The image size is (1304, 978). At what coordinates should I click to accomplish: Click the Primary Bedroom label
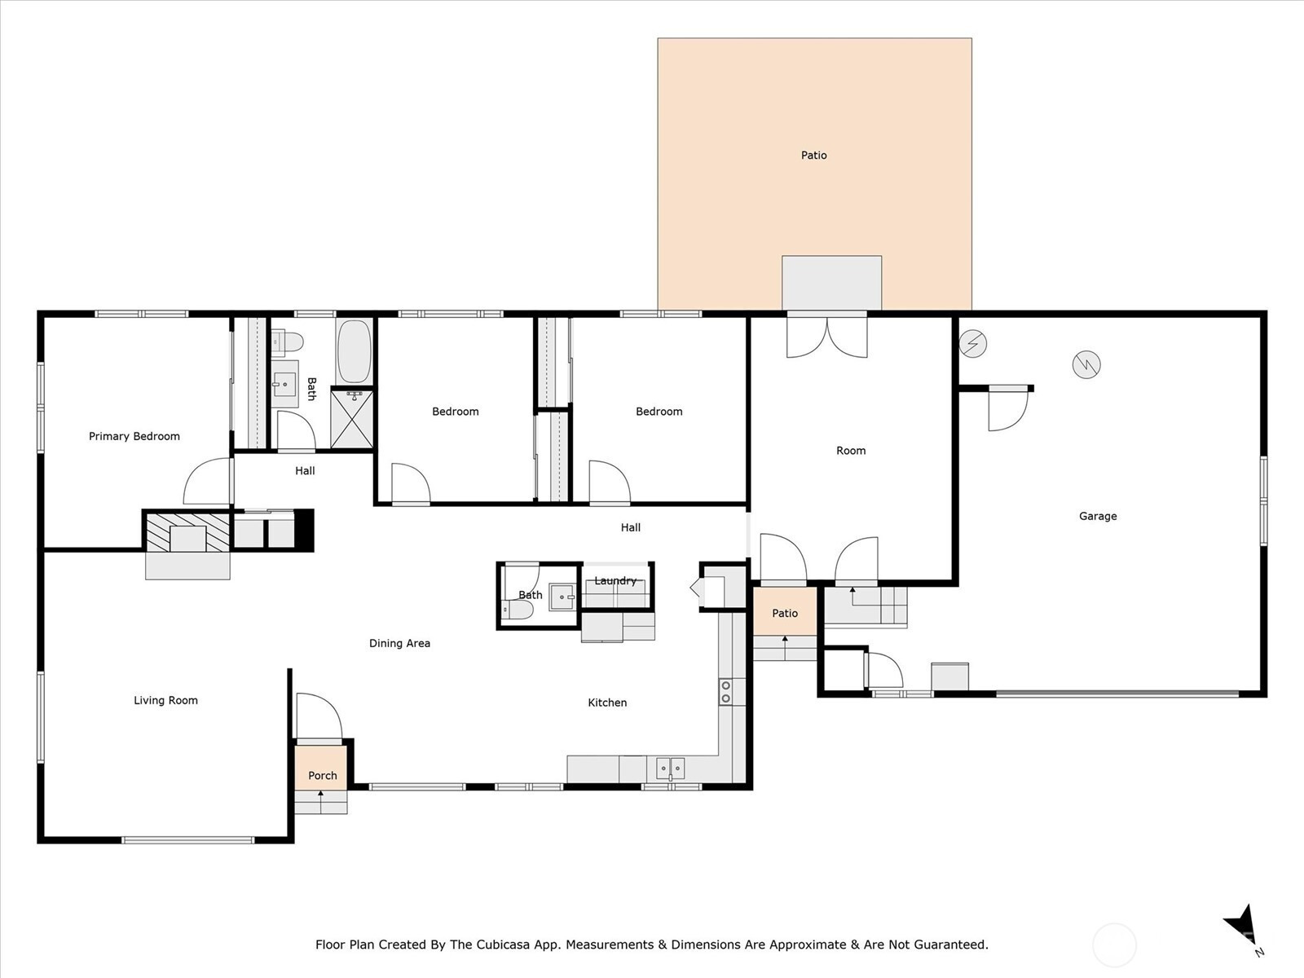[134, 437]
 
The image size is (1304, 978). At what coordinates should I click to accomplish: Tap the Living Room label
[165, 700]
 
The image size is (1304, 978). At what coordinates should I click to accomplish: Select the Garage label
[1098, 516]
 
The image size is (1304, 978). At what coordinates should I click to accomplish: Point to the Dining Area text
[400, 643]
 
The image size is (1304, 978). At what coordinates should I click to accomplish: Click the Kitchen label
[607, 703]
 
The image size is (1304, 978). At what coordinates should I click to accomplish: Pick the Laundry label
[615, 581]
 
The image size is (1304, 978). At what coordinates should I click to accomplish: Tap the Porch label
[323, 776]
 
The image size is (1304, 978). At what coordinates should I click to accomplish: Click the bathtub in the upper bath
[354, 352]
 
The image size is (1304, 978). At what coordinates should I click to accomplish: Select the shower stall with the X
[352, 419]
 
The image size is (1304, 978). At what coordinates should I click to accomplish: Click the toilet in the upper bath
[288, 342]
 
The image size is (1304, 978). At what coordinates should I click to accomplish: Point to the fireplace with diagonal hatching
[187, 531]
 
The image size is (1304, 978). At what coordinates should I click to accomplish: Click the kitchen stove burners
[725, 692]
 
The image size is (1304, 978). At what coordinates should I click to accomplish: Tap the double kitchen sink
[671, 769]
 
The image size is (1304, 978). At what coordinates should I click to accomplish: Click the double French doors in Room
[827, 337]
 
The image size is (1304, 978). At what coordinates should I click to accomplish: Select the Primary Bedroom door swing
[207, 482]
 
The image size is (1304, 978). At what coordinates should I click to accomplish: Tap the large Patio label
[814, 156]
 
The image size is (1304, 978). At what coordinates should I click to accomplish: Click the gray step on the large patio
[832, 283]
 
